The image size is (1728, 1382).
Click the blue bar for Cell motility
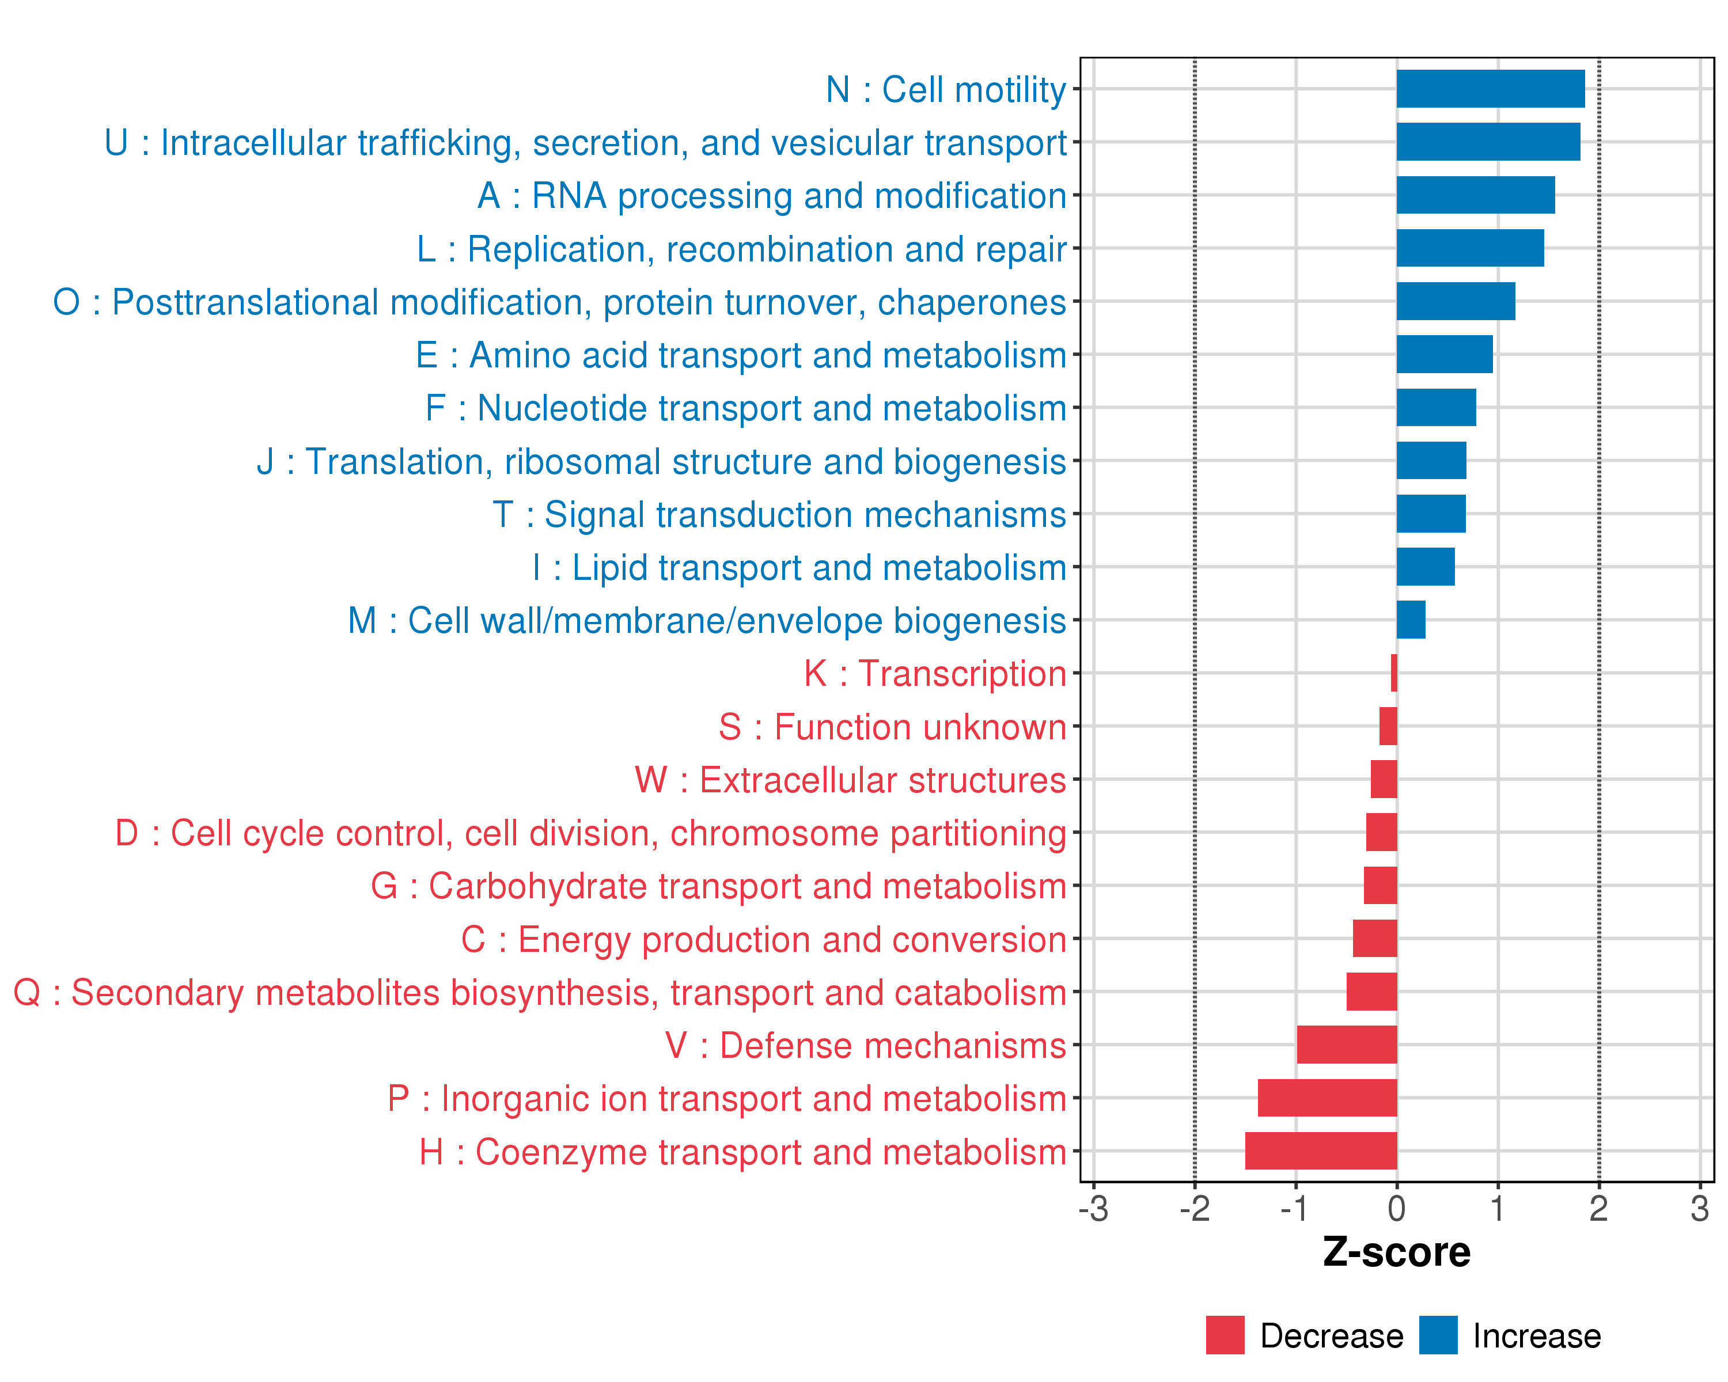[1490, 89]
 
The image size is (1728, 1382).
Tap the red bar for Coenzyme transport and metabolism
[1321, 1151]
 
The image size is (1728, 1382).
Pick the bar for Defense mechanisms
[1347, 1045]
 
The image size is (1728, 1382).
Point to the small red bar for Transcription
[1394, 673]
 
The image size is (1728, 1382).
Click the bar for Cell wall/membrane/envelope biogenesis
[1411, 620]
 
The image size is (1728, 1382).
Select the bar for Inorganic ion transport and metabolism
[1327, 1098]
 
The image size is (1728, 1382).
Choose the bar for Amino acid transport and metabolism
[1444, 354]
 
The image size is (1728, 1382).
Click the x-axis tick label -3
[1093, 1209]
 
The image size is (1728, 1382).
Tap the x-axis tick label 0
[1397, 1209]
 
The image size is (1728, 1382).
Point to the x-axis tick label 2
[1599, 1209]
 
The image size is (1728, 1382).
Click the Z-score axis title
[1397, 1252]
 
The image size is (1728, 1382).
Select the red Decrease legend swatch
[1225, 1335]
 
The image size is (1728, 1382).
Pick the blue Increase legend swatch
[1438, 1335]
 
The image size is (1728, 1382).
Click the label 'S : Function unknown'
[892, 727]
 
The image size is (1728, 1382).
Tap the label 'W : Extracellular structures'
[850, 780]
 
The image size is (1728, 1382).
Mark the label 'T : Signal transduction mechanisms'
[779, 514]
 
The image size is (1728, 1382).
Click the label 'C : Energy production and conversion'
[763, 940]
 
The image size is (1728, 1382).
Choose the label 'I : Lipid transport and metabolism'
[799, 568]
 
